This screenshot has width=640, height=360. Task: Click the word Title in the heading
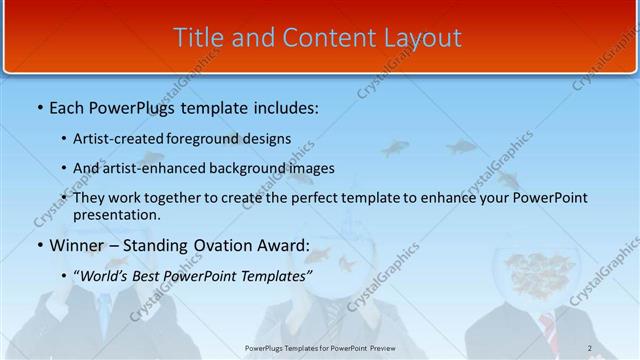coord(198,38)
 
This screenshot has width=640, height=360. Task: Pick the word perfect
coord(312,198)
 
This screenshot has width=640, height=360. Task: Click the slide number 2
coord(590,348)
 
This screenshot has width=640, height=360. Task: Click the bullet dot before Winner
coord(39,246)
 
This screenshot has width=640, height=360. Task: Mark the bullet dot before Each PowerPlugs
coord(39,106)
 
